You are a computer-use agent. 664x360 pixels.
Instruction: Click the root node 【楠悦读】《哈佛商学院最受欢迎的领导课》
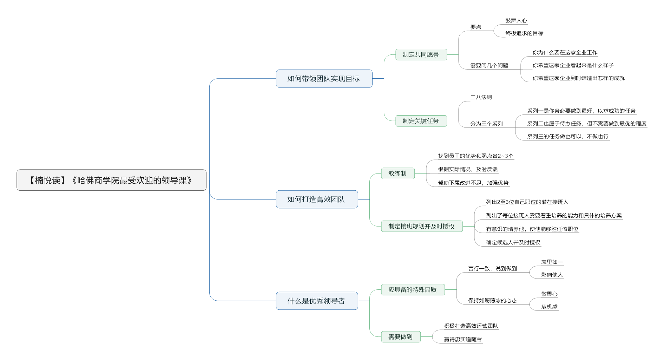pyautogui.click(x=111, y=180)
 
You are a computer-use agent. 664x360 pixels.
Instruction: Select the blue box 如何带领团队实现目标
pyautogui.click(x=324, y=79)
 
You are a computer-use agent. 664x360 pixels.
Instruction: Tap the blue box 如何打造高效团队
pyautogui.click(x=317, y=199)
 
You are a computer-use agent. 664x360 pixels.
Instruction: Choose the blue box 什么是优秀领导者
pyautogui.click(x=317, y=301)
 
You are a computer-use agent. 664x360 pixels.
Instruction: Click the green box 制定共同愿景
pyautogui.click(x=421, y=54)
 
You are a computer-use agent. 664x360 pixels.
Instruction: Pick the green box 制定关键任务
pyautogui.click(x=421, y=121)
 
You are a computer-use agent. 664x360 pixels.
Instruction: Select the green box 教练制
pyautogui.click(x=398, y=174)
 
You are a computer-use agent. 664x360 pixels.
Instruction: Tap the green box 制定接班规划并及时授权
pyautogui.click(x=422, y=227)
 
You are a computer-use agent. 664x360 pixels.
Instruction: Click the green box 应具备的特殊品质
pyautogui.click(x=413, y=290)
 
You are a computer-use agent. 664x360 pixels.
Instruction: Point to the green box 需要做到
pyautogui.click(x=401, y=337)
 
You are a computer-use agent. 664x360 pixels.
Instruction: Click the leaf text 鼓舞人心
pyautogui.click(x=516, y=21)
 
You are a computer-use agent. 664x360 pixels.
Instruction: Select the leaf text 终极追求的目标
pyautogui.click(x=525, y=33)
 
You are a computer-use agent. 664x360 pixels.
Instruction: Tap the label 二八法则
pyautogui.click(x=481, y=97)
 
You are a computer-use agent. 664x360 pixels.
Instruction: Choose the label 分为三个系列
pyautogui.click(x=487, y=124)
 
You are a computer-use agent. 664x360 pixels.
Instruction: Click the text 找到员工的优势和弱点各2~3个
pyautogui.click(x=476, y=156)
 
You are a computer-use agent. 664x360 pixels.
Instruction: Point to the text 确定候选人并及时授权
pyautogui.click(x=513, y=242)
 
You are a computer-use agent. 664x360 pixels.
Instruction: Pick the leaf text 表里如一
pyautogui.click(x=552, y=262)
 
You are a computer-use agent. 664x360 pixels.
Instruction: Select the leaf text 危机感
pyautogui.click(x=550, y=307)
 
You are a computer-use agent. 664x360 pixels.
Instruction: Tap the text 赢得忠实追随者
pyautogui.click(x=463, y=339)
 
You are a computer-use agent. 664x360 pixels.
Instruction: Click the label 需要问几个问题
pyautogui.click(x=489, y=65)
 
